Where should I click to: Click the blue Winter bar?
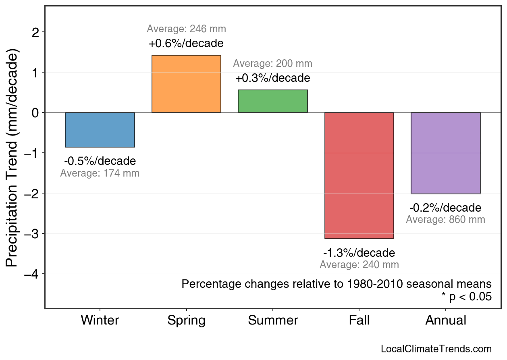click(100, 130)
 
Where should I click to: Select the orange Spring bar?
click(186, 84)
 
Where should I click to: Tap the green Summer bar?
click(273, 101)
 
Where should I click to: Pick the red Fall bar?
click(359, 175)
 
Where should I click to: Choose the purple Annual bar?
click(445, 153)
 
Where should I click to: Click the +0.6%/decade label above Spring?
click(186, 43)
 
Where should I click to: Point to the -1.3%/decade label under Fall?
click(359, 253)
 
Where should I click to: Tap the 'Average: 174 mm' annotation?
click(100, 174)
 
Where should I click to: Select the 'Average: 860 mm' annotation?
click(445, 220)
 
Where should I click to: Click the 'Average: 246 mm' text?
click(186, 29)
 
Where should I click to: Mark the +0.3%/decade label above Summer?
click(273, 78)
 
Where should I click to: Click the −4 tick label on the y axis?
click(32, 274)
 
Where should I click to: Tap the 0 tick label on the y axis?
click(35, 113)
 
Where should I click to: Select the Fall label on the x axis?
click(359, 320)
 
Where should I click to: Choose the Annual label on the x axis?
click(445, 320)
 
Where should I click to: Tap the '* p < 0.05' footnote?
click(466, 297)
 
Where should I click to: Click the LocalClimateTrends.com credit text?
click(436, 349)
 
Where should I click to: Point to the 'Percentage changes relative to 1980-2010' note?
click(337, 284)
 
